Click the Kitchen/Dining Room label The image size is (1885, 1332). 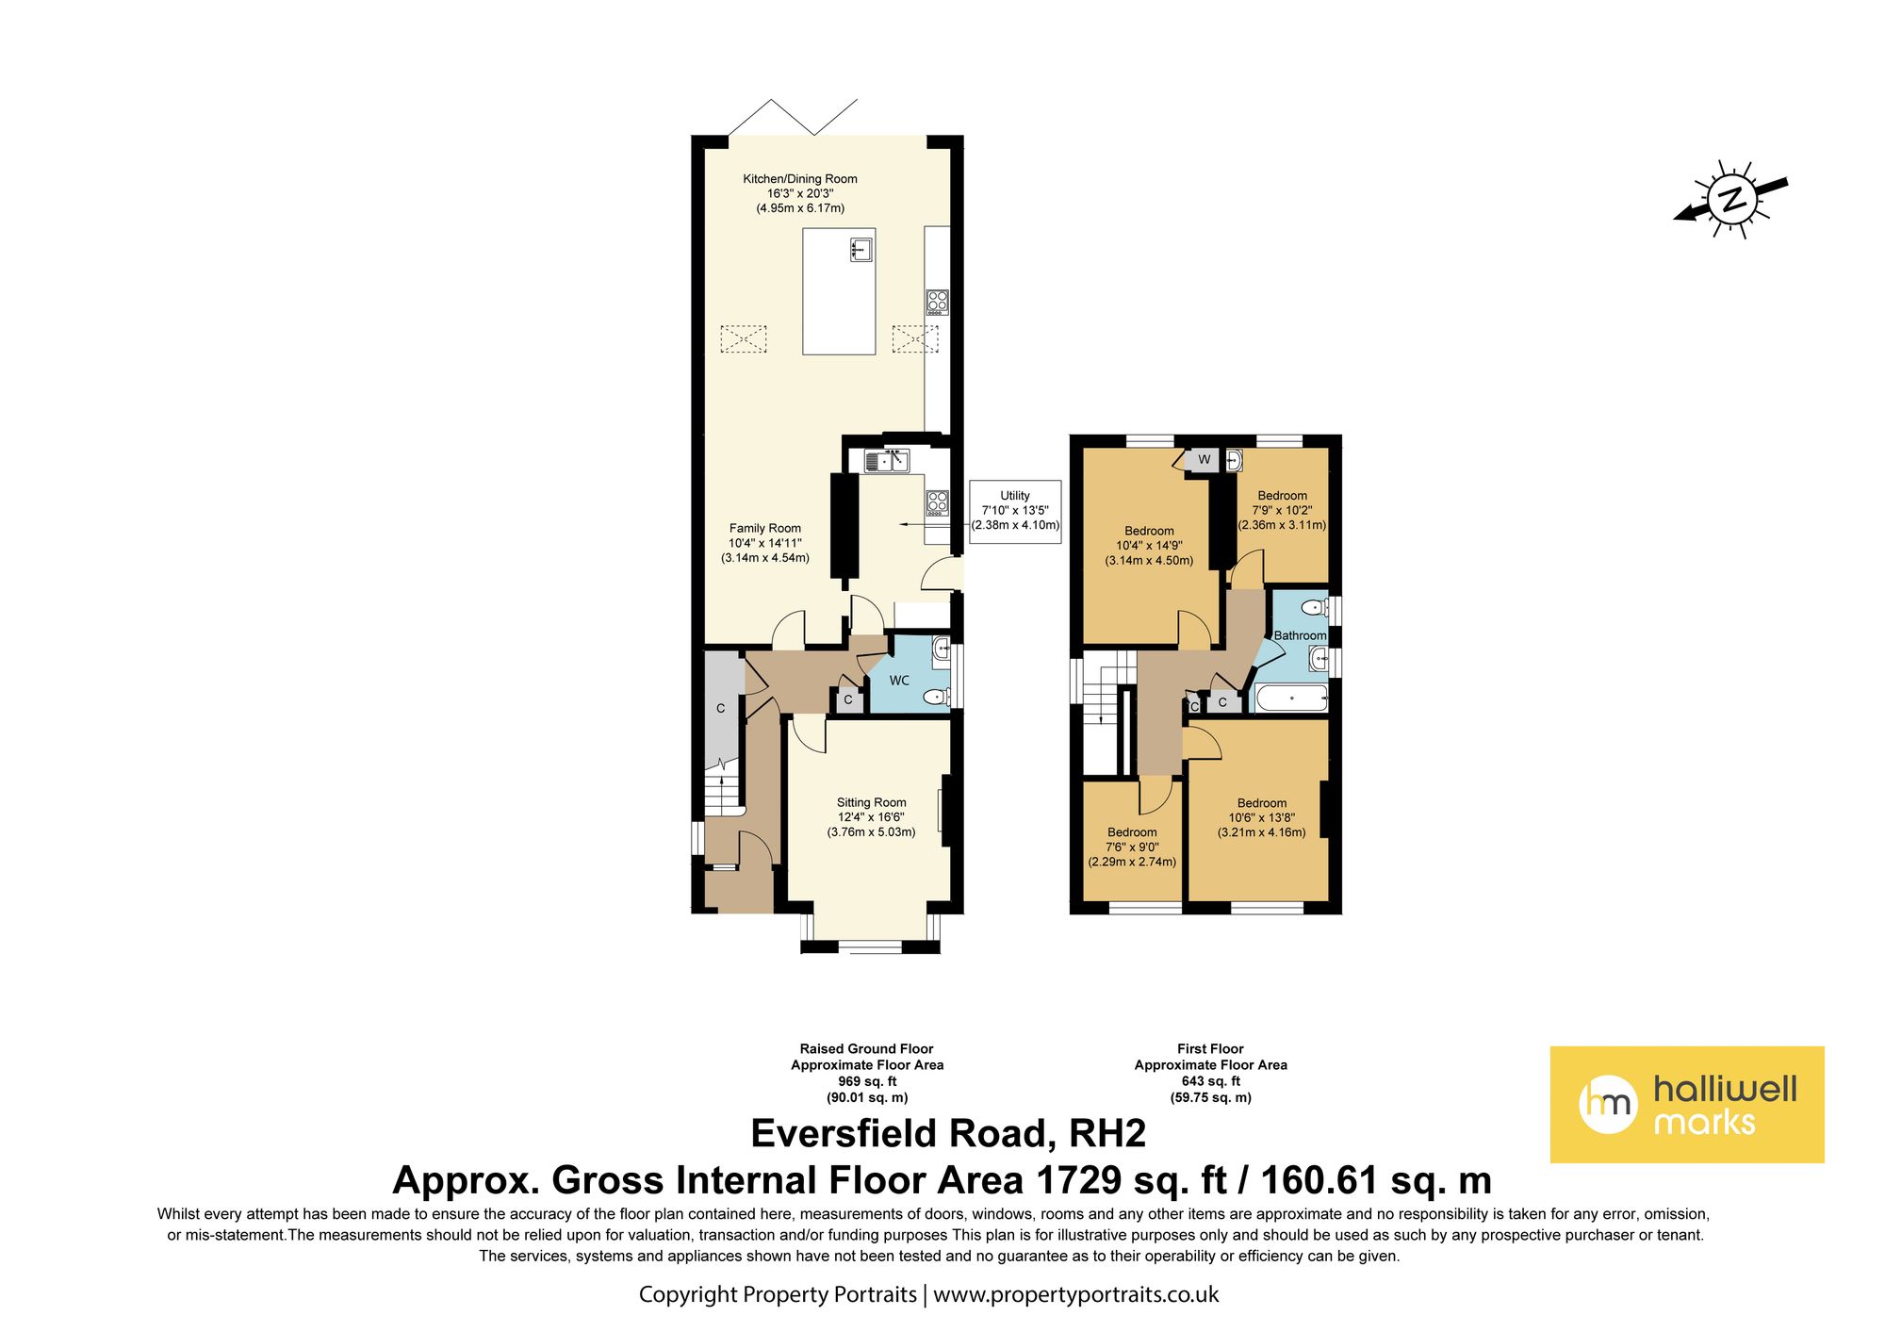(x=800, y=193)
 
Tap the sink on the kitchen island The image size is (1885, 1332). (x=861, y=250)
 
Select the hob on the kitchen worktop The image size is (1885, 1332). (x=937, y=302)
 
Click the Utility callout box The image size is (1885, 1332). (x=1015, y=511)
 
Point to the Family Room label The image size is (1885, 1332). (x=765, y=543)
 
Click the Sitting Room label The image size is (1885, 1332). (x=872, y=817)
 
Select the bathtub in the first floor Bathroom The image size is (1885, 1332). (x=1290, y=699)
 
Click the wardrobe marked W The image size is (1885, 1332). (x=1204, y=460)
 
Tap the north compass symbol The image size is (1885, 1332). (x=1731, y=200)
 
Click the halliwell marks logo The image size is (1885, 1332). (x=1687, y=1104)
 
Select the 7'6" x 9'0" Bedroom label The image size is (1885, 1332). (x=1132, y=847)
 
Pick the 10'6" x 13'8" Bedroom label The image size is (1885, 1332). (x=1262, y=817)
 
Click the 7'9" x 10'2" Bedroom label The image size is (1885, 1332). (x=1282, y=510)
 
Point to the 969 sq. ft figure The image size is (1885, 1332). (x=867, y=1081)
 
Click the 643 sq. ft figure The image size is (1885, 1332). (x=1211, y=1081)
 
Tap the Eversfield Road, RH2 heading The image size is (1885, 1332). (x=948, y=1134)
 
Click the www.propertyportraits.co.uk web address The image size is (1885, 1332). (x=1076, y=1295)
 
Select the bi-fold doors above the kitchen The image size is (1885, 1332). (x=793, y=118)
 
